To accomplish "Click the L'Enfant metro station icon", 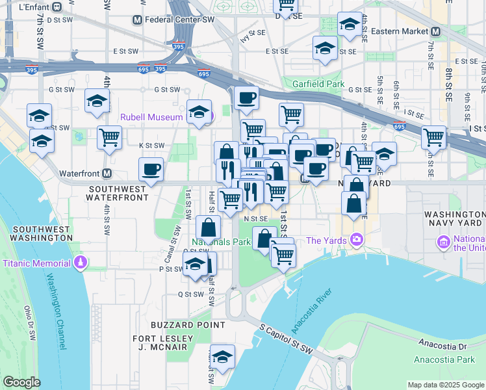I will point(57,7).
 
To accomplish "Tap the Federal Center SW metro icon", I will point(137,20).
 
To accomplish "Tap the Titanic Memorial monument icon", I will point(80,263).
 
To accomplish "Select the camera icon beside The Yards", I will point(356,240).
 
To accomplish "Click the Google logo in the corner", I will point(21,382).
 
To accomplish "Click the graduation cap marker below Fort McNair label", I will point(222,356).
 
